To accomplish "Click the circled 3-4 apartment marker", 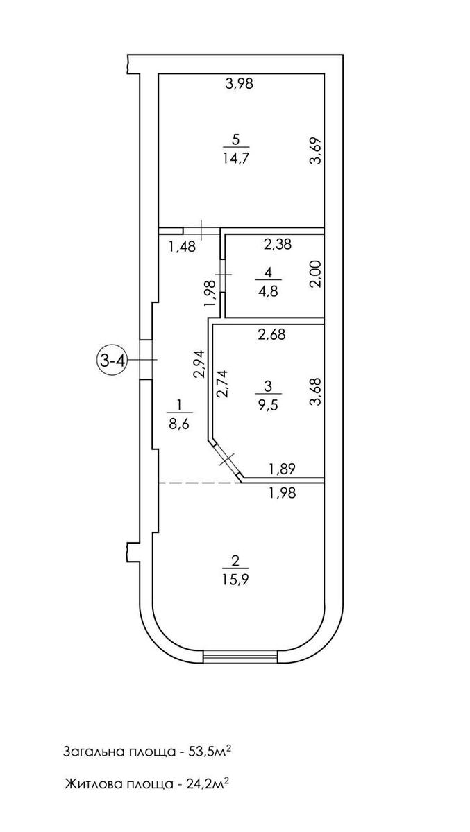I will [x=110, y=361].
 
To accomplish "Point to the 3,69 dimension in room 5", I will [x=316, y=150].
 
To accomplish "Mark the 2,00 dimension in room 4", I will [x=316, y=277].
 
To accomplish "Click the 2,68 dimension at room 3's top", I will [x=271, y=335].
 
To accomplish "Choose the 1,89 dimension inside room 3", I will [x=283, y=469].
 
